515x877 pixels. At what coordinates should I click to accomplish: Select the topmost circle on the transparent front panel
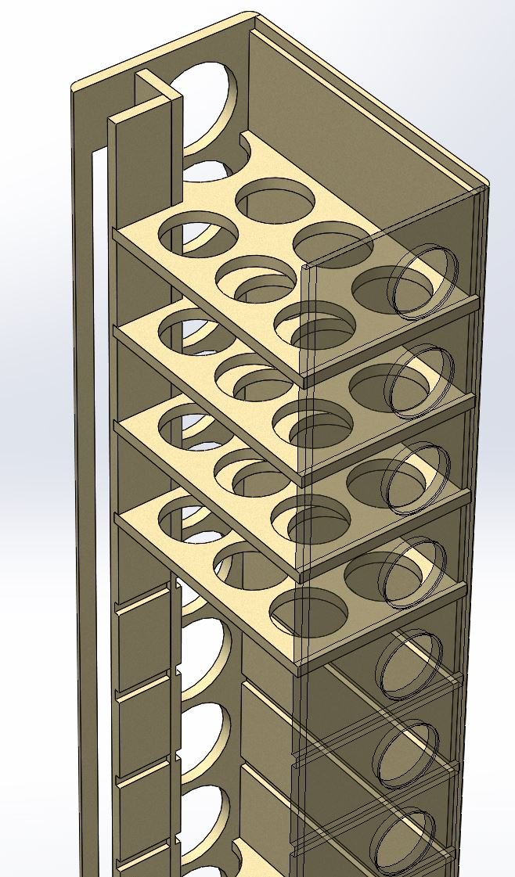click(423, 282)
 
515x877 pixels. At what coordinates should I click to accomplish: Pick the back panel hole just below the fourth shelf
click(205, 649)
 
